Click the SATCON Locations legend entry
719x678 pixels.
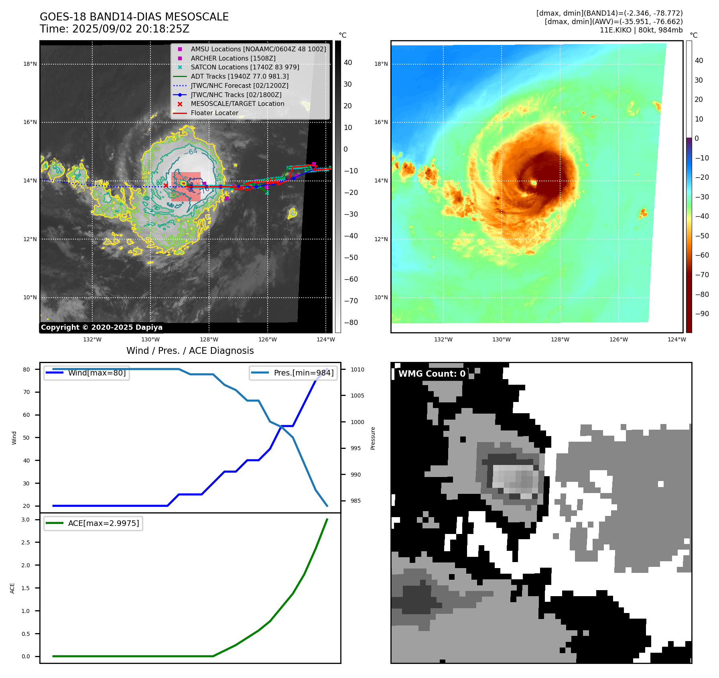click(x=245, y=67)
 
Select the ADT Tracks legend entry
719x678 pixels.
click(x=240, y=77)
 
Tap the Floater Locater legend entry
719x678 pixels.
click(x=214, y=113)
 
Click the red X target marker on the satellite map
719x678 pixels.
click(x=166, y=185)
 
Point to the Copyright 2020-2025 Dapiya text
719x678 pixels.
click(x=102, y=327)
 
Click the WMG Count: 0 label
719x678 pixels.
click(x=432, y=374)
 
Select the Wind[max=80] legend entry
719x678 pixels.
click(x=97, y=373)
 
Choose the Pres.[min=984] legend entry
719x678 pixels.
click(x=303, y=373)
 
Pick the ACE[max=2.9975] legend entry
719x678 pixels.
click(x=104, y=523)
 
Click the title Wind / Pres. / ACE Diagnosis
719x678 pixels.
click(x=190, y=351)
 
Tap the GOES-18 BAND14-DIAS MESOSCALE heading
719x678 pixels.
click(x=134, y=17)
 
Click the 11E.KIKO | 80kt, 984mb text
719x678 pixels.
click(x=641, y=30)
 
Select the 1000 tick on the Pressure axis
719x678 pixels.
click(x=357, y=422)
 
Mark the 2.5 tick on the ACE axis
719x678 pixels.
click(x=26, y=542)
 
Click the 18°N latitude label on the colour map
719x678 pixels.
click(x=381, y=64)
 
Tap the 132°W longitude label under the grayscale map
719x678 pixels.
click(x=92, y=339)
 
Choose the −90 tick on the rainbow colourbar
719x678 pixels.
click(x=702, y=314)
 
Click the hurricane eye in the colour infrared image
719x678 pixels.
click(x=534, y=183)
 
